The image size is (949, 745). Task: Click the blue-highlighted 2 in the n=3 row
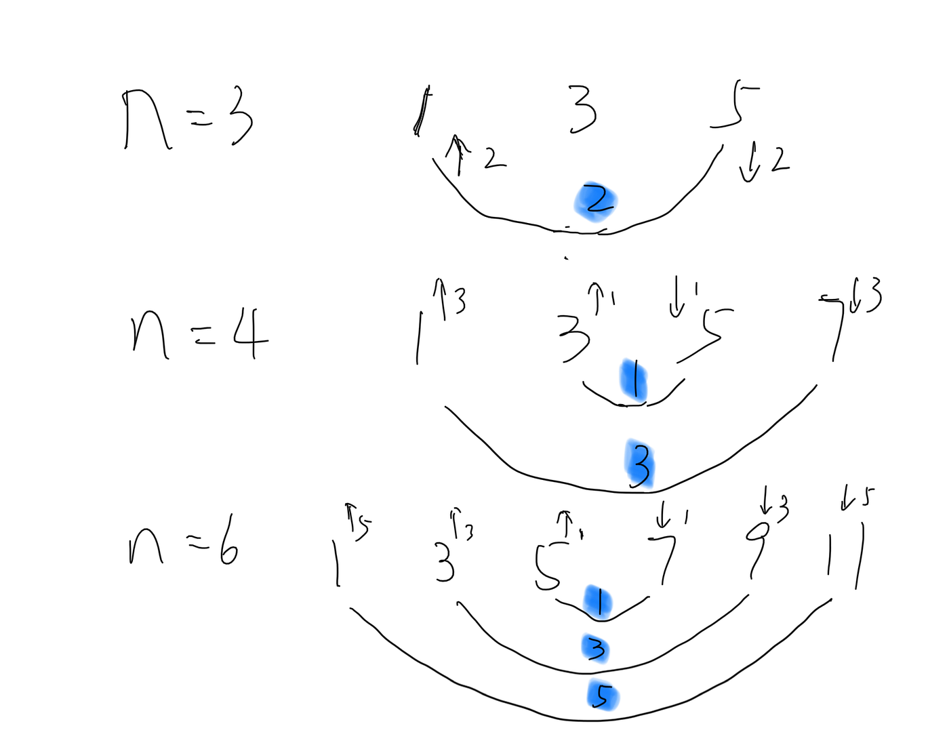click(x=596, y=201)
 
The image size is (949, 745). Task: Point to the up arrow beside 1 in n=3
click(x=458, y=155)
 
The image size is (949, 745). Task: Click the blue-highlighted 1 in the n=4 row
click(x=634, y=380)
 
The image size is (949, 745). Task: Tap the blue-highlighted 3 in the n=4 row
click(x=640, y=464)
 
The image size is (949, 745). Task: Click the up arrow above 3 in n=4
click(x=596, y=297)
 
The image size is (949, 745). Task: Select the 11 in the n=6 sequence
click(x=843, y=556)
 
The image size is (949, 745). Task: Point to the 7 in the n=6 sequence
click(x=665, y=557)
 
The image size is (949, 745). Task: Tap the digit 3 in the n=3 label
click(x=241, y=119)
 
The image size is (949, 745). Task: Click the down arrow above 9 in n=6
click(x=766, y=500)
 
